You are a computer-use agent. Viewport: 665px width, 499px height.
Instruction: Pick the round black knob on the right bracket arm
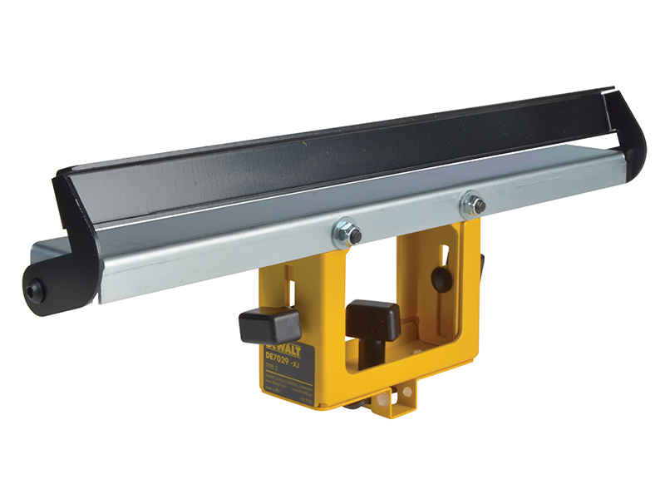tap(441, 279)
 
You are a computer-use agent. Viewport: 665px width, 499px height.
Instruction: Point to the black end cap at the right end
tap(632, 133)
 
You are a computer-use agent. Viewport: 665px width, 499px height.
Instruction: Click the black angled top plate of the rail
tap(332, 158)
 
